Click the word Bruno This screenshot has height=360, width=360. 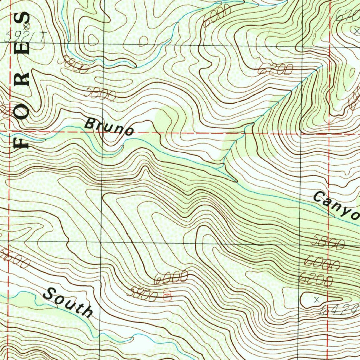coord(109,127)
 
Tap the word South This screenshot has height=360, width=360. coord(69,302)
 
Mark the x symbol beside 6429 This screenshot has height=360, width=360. coord(316,300)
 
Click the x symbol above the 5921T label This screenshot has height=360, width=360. coord(26,26)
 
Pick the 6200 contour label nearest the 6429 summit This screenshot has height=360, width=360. coord(315,279)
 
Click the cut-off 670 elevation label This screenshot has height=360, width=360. coord(348,15)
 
